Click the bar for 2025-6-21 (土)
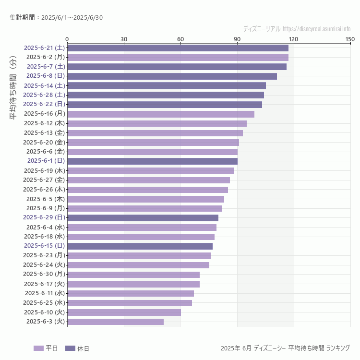(x=178, y=48)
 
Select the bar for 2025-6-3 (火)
(x=115, y=322)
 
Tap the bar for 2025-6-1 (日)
(x=152, y=161)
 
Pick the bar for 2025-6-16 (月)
(x=161, y=114)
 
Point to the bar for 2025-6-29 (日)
(x=143, y=217)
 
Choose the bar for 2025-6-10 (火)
(x=124, y=312)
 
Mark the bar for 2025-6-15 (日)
(x=140, y=246)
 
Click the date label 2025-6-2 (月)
(x=46, y=57)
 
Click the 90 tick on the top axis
(x=237, y=39)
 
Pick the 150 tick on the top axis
(x=350, y=39)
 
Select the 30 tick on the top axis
(x=124, y=39)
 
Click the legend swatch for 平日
(x=38, y=348)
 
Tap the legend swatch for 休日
(x=70, y=348)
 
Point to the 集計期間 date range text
(x=56, y=18)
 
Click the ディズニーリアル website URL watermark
(x=297, y=29)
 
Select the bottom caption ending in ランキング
(x=285, y=348)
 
